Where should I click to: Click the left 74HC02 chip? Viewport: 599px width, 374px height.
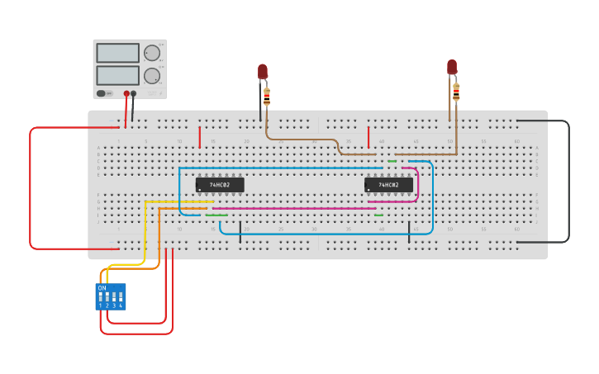[220, 185]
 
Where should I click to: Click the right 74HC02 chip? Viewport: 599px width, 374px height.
[388, 185]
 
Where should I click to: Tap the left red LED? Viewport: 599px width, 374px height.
[263, 72]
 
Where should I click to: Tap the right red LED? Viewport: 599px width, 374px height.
[452, 67]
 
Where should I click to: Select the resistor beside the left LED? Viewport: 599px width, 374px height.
[267, 97]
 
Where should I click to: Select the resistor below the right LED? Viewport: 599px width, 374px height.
[456, 91]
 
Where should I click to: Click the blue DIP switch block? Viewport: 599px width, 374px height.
[111, 296]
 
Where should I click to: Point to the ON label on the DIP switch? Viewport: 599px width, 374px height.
[102, 288]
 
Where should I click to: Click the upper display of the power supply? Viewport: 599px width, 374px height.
[118, 53]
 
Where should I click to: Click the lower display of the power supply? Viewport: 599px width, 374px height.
[118, 75]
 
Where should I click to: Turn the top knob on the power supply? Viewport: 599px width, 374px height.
[152, 53]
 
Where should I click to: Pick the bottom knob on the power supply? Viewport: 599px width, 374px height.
[152, 76]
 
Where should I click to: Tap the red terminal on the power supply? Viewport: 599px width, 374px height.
[126, 93]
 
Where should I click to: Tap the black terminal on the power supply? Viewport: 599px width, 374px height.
[134, 93]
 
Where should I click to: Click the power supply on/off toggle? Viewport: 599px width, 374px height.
[102, 93]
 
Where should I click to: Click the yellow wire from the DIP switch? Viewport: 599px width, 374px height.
[145, 223]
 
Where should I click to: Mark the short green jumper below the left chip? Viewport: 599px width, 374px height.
[216, 215]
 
